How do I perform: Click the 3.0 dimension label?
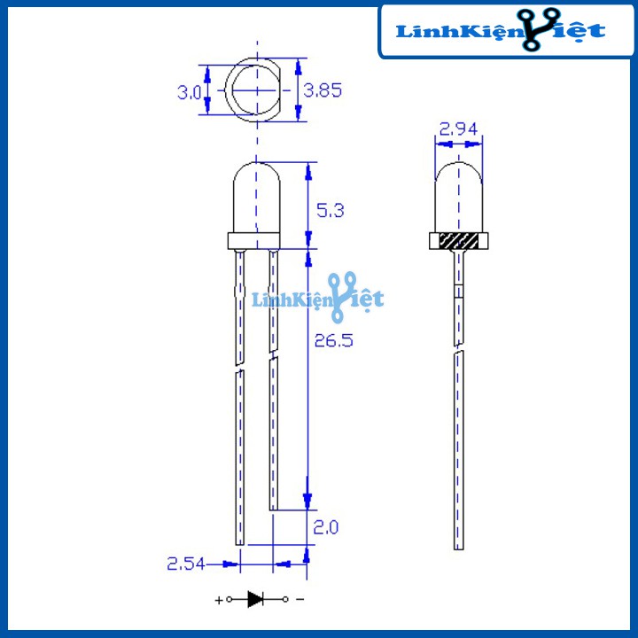[188, 91]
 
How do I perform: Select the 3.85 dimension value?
[323, 89]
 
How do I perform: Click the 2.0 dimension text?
[326, 528]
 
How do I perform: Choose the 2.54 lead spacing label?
[186, 563]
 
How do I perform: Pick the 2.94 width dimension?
[458, 129]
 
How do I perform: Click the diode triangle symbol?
[256, 599]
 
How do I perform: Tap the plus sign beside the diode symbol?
[219, 600]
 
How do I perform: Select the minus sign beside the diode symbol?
[300, 599]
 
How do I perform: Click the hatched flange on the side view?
[459, 240]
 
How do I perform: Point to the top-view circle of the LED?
[257, 91]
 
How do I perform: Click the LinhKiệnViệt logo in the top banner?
[501, 31]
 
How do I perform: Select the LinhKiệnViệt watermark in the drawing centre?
[319, 299]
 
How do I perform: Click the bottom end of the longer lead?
[239, 541]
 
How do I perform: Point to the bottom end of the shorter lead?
[274, 507]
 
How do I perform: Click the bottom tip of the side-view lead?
[459, 546]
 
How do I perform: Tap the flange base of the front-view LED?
[258, 241]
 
